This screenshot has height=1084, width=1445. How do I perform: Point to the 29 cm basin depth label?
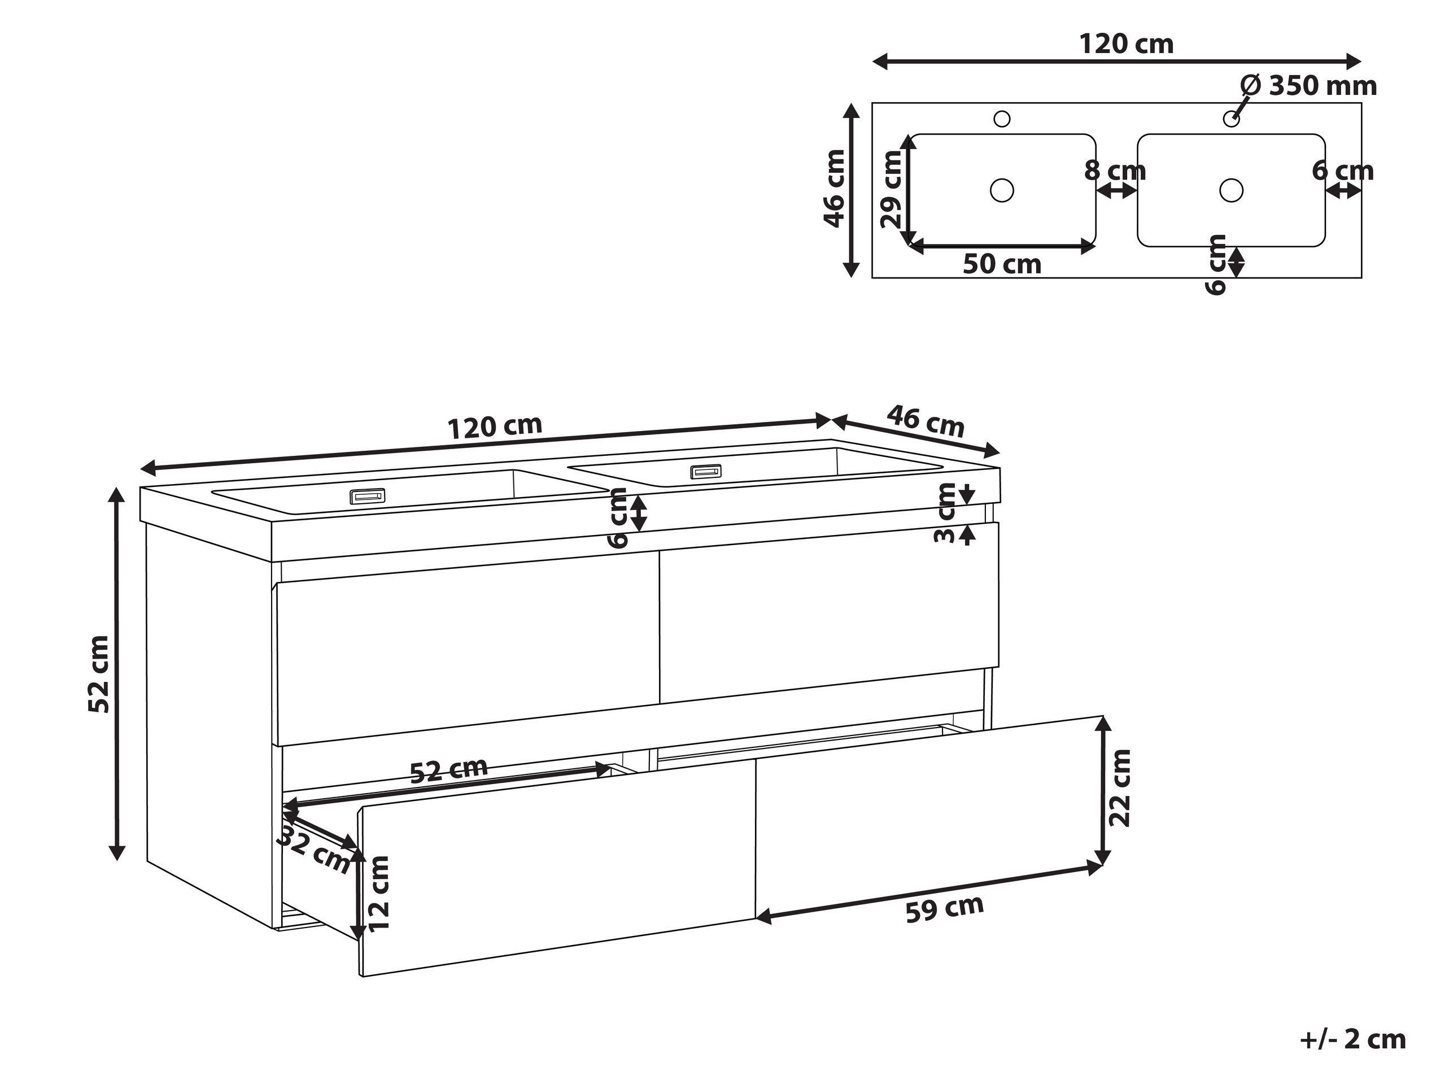891,189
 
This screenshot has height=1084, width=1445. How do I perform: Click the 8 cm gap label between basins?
1115,171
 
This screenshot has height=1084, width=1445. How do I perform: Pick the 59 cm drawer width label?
945,908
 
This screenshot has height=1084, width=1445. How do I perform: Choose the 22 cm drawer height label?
1120,788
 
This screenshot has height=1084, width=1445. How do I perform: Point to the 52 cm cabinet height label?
99,673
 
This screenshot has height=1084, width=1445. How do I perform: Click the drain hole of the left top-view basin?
1001,190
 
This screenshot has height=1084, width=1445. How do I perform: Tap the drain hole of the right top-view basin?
1231,190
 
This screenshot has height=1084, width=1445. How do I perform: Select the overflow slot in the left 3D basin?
368,497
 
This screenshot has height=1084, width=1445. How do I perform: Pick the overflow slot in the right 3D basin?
707,471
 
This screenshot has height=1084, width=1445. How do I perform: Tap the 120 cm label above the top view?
1125,45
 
